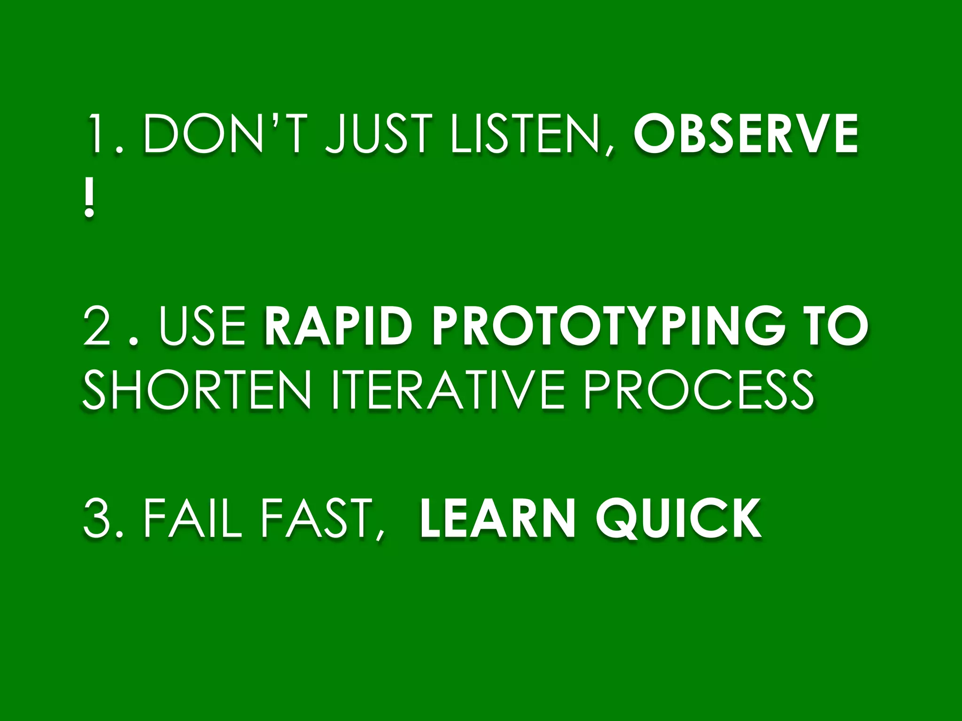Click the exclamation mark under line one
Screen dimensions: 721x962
pos(89,201)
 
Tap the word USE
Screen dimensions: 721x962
pos(202,326)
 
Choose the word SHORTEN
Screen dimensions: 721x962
pos(197,390)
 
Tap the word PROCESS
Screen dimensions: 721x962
pos(698,390)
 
